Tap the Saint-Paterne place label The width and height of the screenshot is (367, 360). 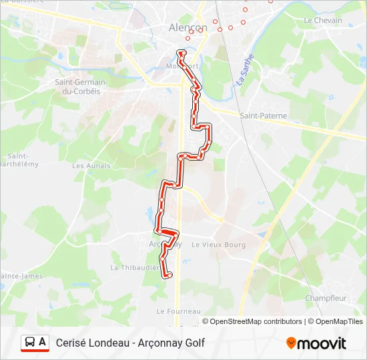tap(263, 116)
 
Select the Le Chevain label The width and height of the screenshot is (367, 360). tap(322, 21)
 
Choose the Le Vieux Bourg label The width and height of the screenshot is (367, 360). tap(218, 245)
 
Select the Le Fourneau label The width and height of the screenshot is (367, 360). tap(178, 311)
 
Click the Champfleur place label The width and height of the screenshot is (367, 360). tap(325, 298)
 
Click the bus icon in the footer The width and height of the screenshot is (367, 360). tap(30, 343)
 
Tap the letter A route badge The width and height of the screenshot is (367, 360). tap(43, 343)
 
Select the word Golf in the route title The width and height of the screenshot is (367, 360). tap(194, 343)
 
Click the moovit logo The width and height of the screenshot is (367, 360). tap(316, 343)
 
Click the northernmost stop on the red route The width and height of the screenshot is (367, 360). tap(180, 53)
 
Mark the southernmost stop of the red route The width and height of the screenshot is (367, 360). tap(169, 275)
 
